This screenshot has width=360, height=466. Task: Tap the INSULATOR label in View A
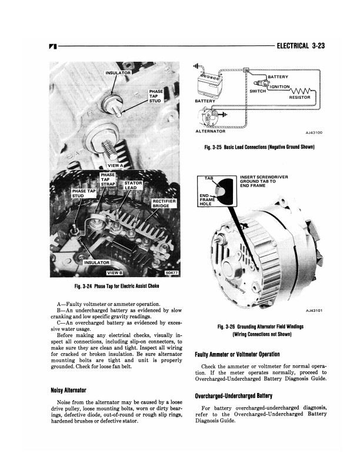pos(118,73)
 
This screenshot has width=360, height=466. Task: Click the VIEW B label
pos(114,272)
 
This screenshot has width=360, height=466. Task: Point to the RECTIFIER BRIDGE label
pos(161,204)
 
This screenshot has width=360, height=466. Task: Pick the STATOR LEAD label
pos(134,186)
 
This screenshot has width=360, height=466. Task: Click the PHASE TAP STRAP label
pos(108,179)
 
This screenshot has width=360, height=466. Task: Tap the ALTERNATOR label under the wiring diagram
pos(210,131)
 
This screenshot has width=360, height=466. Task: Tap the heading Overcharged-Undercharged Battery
pos(244,395)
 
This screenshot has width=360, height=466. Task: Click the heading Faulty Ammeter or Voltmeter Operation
pos(245,354)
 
